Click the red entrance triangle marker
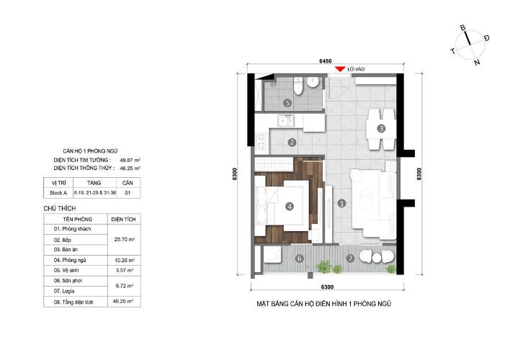pos(340,69)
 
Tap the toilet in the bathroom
pos(298,86)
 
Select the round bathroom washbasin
pos(313,82)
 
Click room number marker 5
pos(287,103)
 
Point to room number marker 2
pos(292,142)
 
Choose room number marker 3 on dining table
pos(381,128)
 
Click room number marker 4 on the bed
pos(289,206)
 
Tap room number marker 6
pos(299,259)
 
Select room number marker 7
pos(350,258)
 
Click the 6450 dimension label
pos(326,61)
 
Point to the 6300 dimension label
pos(327,287)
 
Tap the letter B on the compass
pos(463,28)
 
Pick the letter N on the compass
pos(477,62)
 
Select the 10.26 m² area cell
pos(124,260)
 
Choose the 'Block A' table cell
pos(58,193)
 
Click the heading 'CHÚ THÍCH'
pos(60,209)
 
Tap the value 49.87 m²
pos(130,160)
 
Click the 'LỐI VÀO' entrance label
pos(356,69)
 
